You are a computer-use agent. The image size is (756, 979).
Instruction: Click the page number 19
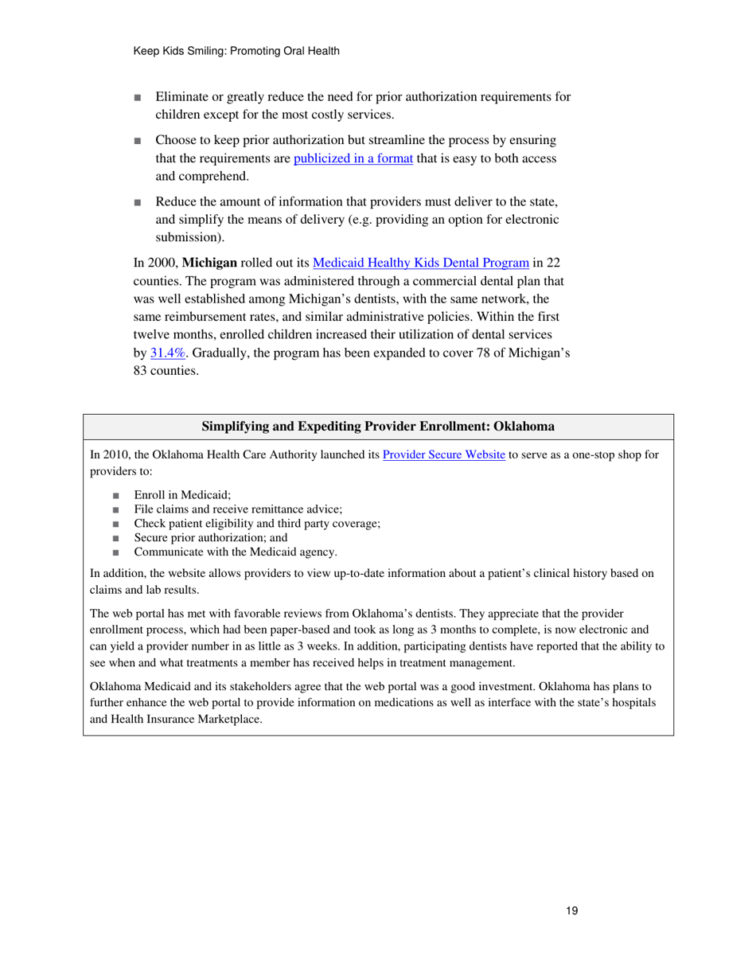(571, 911)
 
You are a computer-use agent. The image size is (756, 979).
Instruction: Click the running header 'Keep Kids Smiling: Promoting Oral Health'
(236, 51)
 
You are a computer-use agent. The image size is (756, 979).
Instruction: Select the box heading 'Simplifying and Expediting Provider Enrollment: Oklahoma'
(378, 427)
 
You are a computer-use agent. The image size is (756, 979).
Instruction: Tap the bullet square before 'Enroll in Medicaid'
(117, 495)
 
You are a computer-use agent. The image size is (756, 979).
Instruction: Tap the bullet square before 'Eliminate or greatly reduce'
(138, 98)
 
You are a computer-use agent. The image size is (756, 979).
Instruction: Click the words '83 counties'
(166, 371)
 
